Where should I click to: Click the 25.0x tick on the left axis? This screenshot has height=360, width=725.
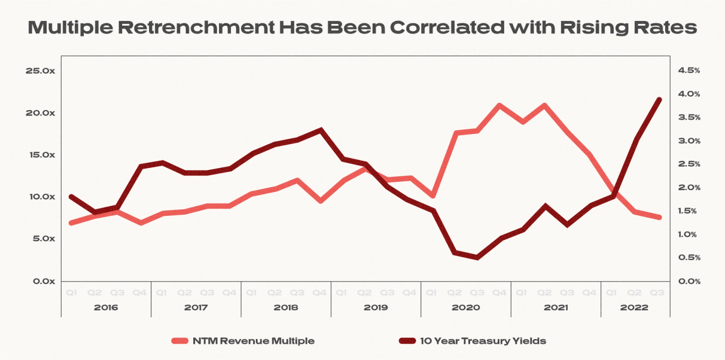[x=41, y=71]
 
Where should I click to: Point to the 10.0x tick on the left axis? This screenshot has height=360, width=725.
[x=41, y=197]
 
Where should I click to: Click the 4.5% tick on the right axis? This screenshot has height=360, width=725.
[x=689, y=71]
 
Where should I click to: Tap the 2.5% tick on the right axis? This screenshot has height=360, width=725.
[x=689, y=164]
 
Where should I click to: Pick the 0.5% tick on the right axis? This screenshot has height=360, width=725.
[x=689, y=258]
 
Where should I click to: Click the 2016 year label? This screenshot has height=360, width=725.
[x=106, y=307]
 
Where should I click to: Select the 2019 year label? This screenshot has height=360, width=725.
[x=376, y=307]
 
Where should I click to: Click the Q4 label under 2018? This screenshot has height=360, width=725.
[x=320, y=293]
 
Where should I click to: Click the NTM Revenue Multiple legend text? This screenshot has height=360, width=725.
[x=254, y=341]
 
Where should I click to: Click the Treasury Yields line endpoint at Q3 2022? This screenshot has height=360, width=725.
[x=658, y=100]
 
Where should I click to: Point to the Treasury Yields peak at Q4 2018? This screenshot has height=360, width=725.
[x=321, y=130]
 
